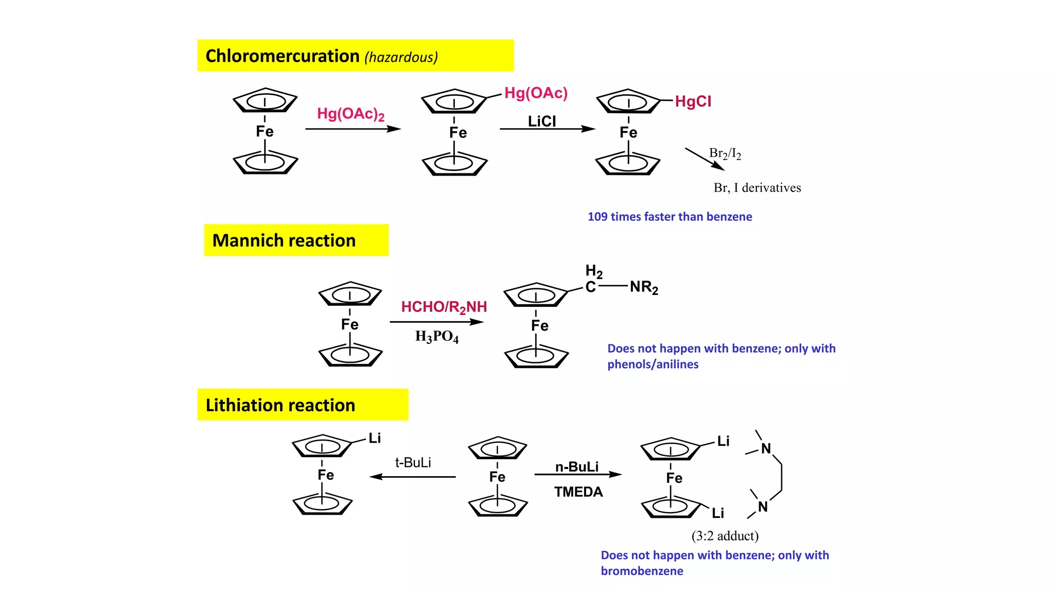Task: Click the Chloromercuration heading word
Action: tap(282, 56)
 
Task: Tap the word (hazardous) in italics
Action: tap(401, 57)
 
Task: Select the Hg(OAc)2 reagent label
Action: tap(350, 114)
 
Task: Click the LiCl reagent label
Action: tap(542, 121)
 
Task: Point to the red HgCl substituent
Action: tap(693, 101)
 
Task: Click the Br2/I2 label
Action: tap(725, 153)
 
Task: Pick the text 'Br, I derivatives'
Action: tap(757, 188)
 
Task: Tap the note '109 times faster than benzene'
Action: tap(670, 217)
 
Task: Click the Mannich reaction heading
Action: tap(284, 240)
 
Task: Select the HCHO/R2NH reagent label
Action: tap(444, 307)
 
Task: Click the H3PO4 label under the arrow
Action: tap(436, 337)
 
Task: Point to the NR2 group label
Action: tap(644, 287)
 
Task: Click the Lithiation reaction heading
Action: tap(280, 405)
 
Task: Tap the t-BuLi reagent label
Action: tap(413, 462)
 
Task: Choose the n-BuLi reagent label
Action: tap(576, 467)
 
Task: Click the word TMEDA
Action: tap(578, 492)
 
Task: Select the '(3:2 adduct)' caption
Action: tap(725, 536)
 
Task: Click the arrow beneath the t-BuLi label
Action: tap(413, 477)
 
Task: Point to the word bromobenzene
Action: tap(642, 571)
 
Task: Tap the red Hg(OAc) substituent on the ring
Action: tap(536, 93)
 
